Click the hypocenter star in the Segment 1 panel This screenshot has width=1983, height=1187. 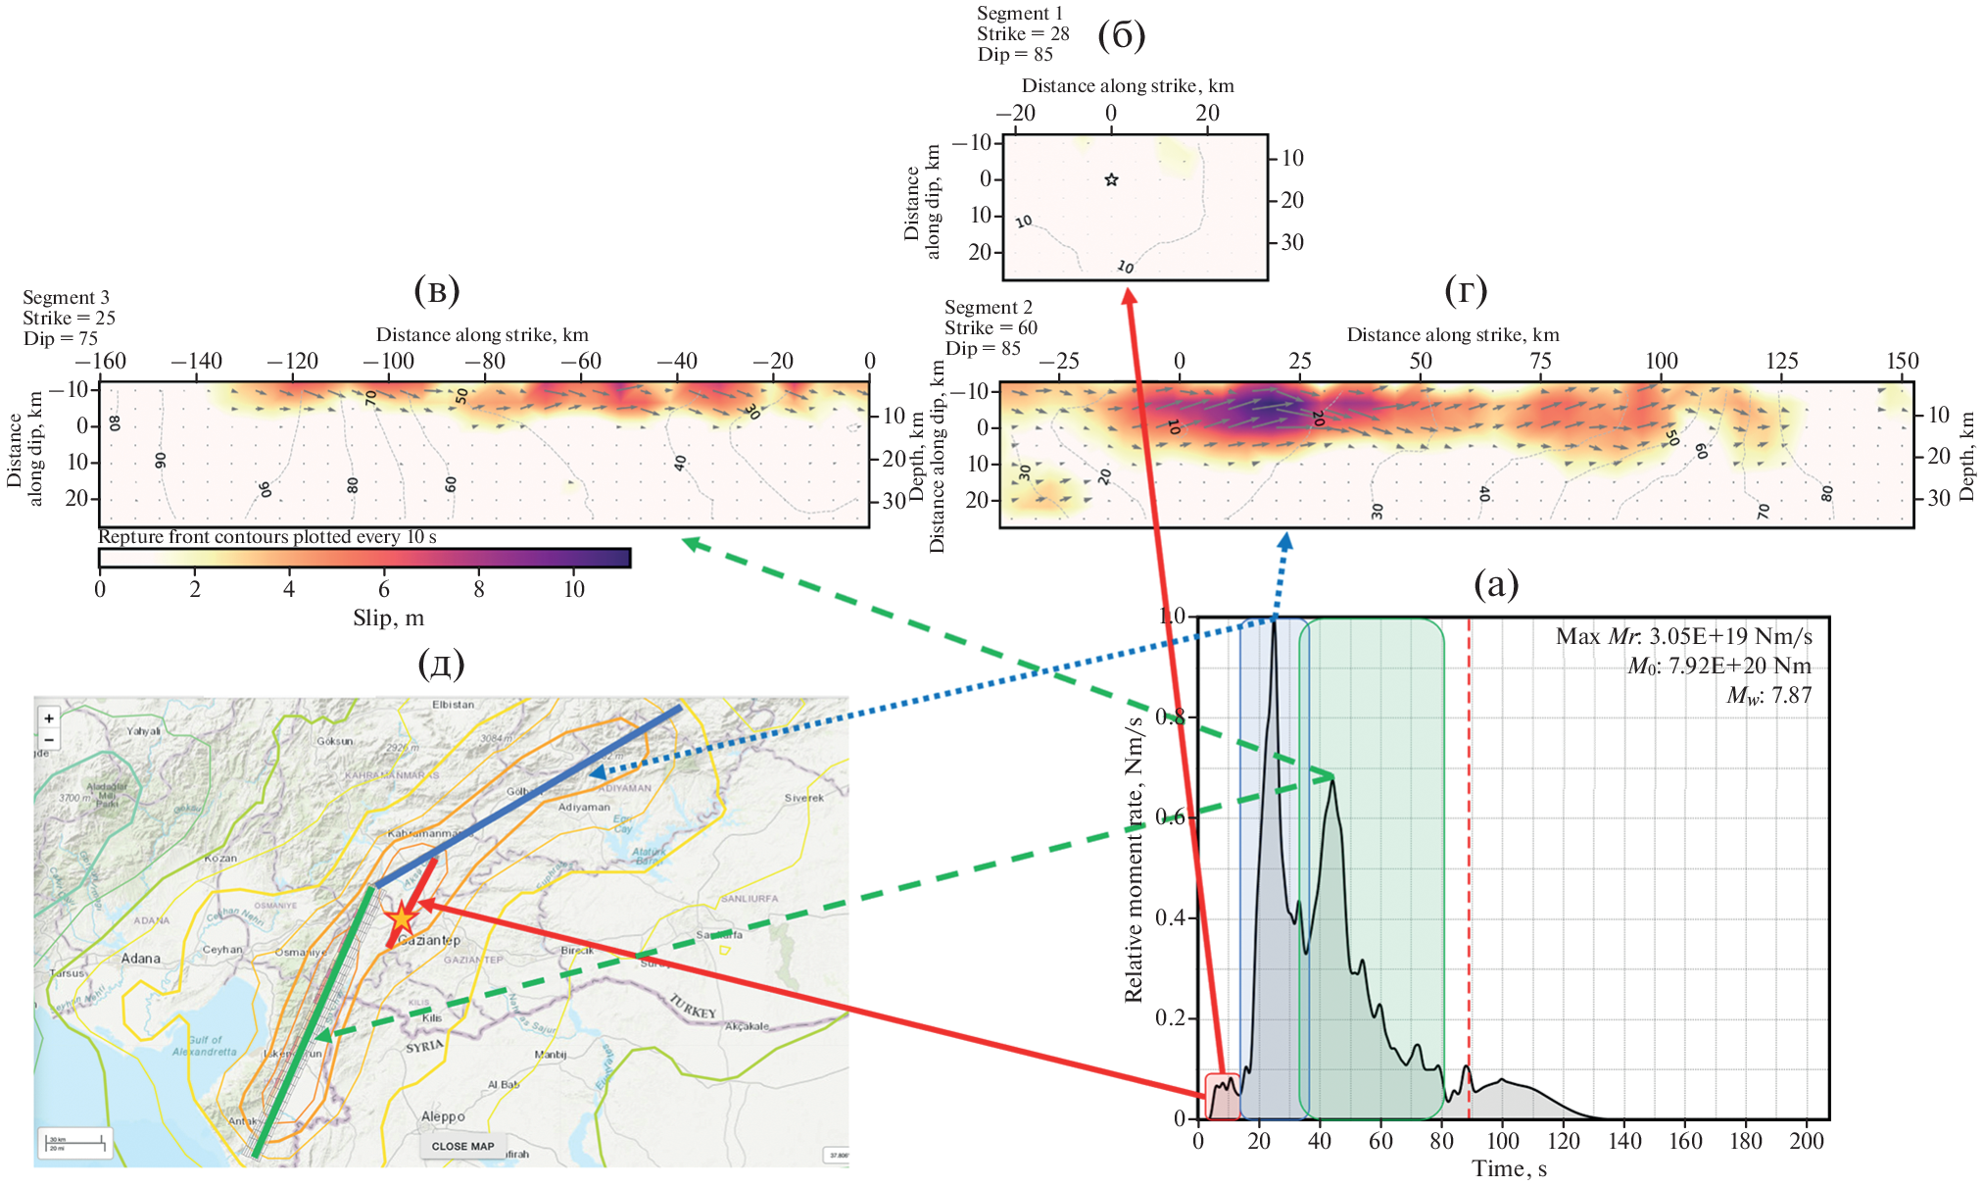click(1111, 179)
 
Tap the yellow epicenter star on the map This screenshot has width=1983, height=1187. click(402, 919)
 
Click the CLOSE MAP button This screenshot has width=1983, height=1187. click(462, 1146)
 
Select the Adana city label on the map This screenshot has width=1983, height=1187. click(140, 959)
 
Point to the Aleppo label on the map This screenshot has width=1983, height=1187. click(443, 1116)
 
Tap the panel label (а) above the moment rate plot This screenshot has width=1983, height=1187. click(1496, 584)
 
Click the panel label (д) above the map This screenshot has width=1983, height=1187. click(440, 664)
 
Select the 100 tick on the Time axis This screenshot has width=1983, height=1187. click(1502, 1141)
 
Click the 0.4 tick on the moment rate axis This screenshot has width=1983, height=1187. click(1172, 917)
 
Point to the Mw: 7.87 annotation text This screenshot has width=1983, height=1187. click(1768, 696)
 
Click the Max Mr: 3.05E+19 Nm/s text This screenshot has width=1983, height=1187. click(1683, 637)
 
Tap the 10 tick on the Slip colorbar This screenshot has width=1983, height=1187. click(573, 589)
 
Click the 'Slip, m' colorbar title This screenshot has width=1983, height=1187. click(388, 618)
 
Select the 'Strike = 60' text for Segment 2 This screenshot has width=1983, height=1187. click(991, 327)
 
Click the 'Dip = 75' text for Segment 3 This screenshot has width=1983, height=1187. click(61, 338)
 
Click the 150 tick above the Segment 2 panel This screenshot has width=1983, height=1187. click(1902, 361)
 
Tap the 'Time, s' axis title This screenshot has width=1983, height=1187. click(1509, 1168)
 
